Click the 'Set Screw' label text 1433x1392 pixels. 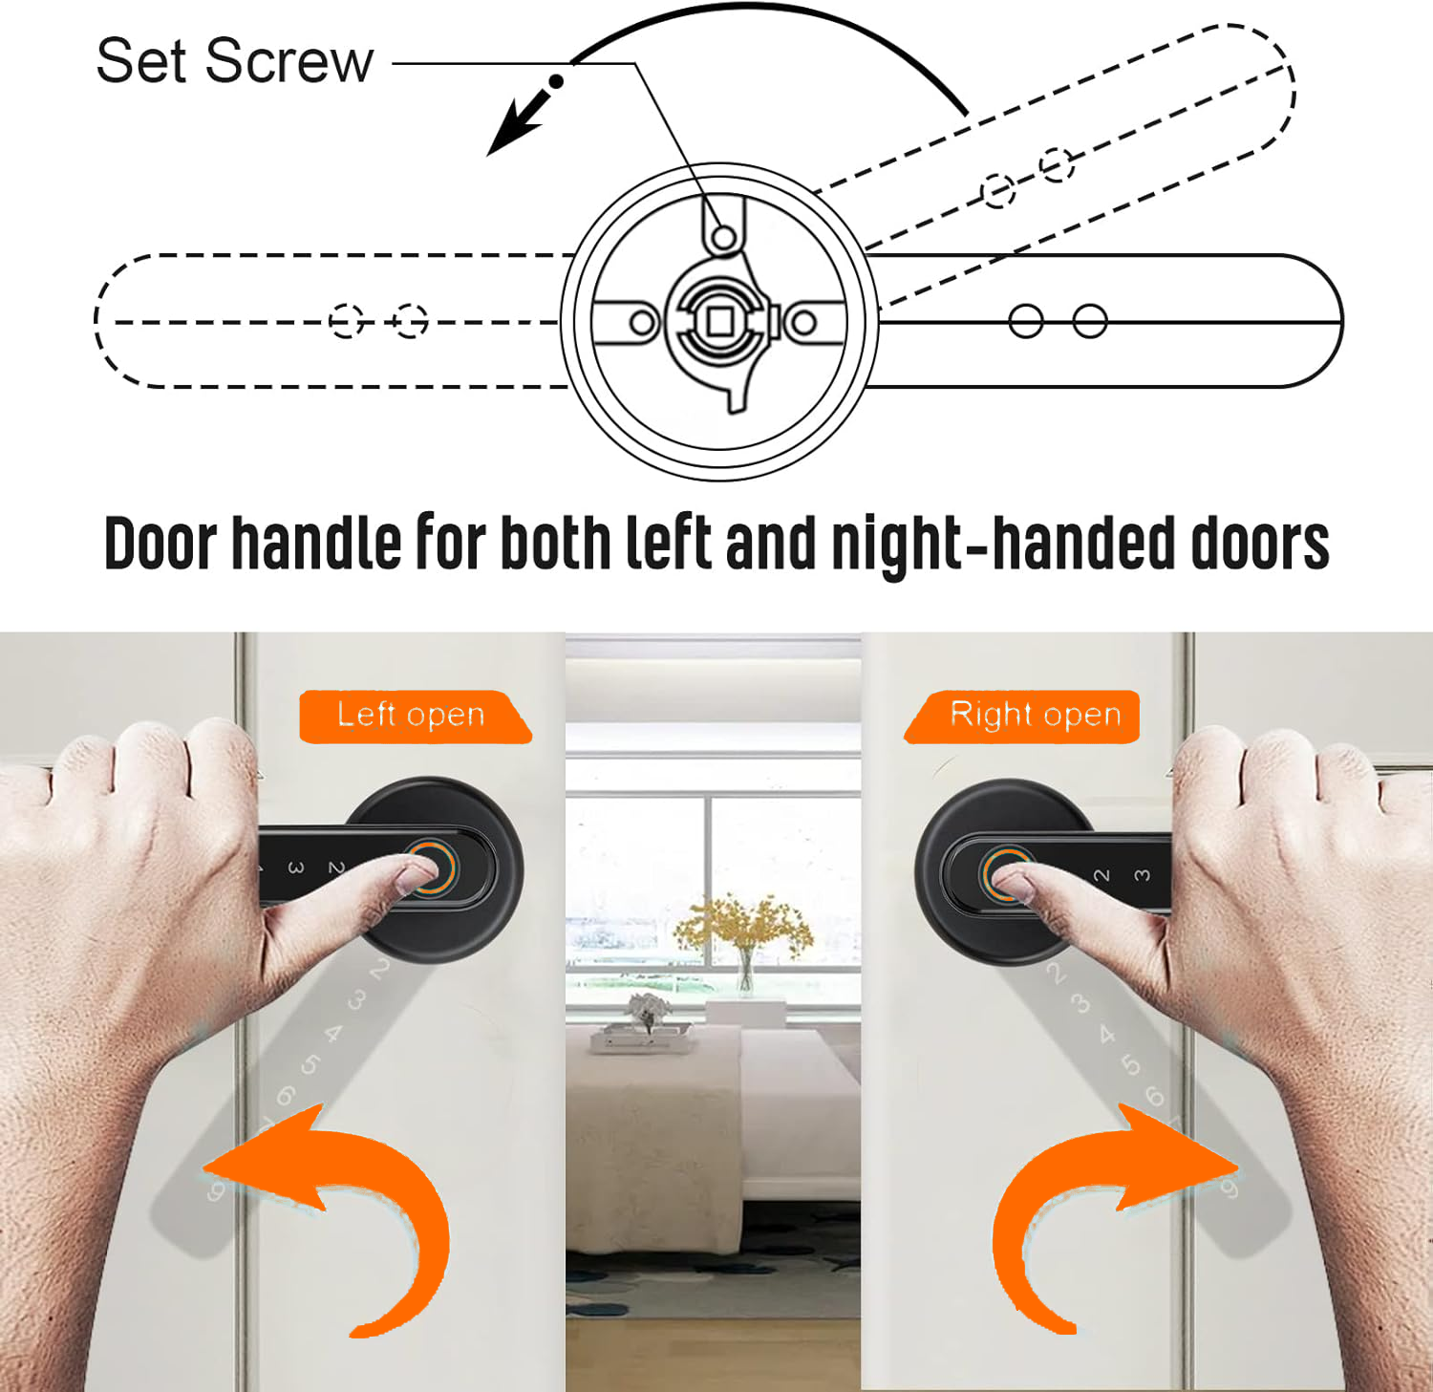pyautogui.click(x=234, y=61)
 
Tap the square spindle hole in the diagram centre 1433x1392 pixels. pyautogui.click(x=719, y=322)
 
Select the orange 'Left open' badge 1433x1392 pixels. pyautogui.click(x=415, y=717)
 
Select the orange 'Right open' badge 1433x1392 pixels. pyautogui.click(x=1022, y=717)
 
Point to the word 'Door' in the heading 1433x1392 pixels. pyautogui.click(x=160, y=544)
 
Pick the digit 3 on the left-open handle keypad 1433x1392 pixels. pyautogui.click(x=296, y=867)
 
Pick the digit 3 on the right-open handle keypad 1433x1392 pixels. pyautogui.click(x=1142, y=875)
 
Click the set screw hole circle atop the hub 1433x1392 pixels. pyautogui.click(x=724, y=236)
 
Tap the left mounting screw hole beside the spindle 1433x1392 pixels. pyautogui.click(x=643, y=323)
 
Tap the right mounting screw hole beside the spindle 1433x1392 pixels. pyautogui.click(x=804, y=323)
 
